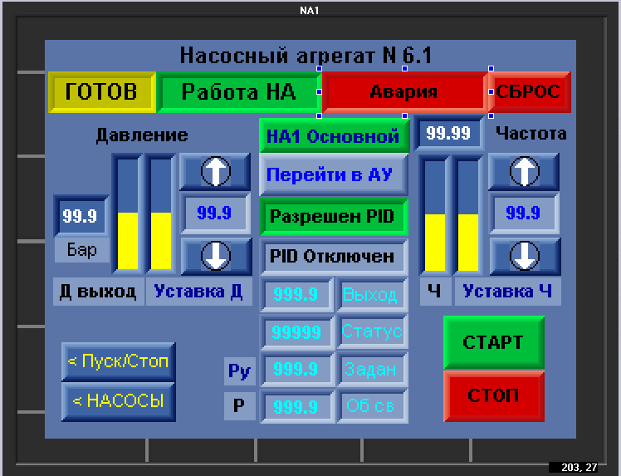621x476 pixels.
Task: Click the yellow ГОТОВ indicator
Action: (x=102, y=92)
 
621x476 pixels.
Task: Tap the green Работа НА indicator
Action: (x=238, y=92)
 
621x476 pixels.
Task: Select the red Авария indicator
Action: (x=404, y=92)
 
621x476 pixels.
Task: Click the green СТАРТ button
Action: (x=494, y=342)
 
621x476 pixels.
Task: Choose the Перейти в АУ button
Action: (x=334, y=174)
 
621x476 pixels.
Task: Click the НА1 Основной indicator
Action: (x=334, y=136)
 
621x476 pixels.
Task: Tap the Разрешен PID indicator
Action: (x=334, y=217)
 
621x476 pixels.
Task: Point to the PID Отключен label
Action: (x=334, y=257)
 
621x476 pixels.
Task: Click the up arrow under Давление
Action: (x=215, y=172)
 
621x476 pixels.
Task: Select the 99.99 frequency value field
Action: (x=448, y=133)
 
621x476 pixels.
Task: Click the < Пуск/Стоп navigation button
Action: (x=118, y=361)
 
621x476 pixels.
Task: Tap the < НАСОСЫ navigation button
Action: (x=118, y=401)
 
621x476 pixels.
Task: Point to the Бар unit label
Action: (x=81, y=250)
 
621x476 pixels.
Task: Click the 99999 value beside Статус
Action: (x=296, y=331)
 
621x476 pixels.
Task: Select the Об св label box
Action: (x=371, y=406)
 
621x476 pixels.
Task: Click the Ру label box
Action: (x=239, y=371)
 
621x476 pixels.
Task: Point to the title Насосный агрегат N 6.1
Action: (x=306, y=55)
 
